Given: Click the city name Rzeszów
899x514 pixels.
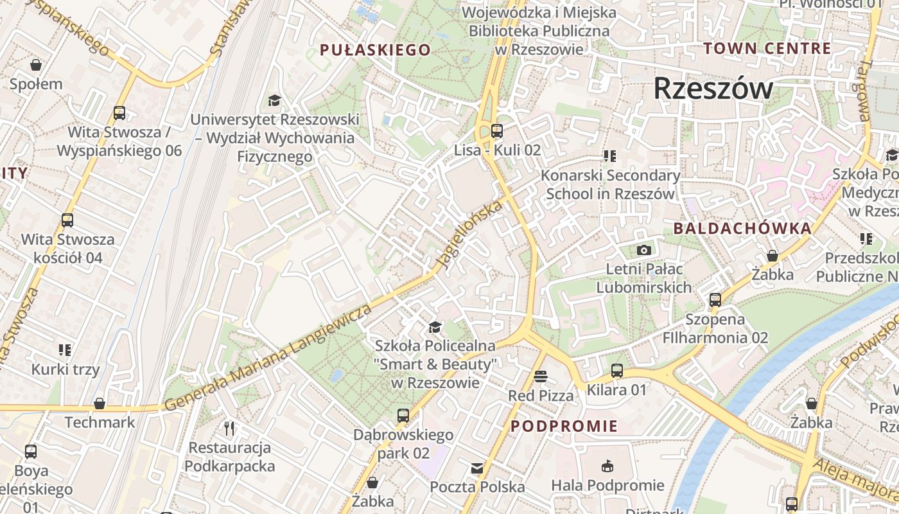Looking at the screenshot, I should pyautogui.click(x=713, y=89).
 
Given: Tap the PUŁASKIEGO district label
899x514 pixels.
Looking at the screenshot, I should pyautogui.click(x=375, y=49).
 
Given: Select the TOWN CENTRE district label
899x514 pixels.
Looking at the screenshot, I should pyautogui.click(x=767, y=48).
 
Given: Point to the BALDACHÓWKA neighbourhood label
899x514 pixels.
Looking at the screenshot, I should pyautogui.click(x=742, y=228).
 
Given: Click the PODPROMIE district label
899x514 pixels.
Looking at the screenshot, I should pyautogui.click(x=564, y=426).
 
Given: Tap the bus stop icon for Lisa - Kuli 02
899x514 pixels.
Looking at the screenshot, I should pyautogui.click(x=496, y=131).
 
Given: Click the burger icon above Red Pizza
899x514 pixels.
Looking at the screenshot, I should pyautogui.click(x=541, y=377).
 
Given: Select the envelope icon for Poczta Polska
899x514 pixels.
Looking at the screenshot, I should pyautogui.click(x=477, y=468).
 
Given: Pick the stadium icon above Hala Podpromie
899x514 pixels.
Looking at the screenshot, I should pyautogui.click(x=607, y=466).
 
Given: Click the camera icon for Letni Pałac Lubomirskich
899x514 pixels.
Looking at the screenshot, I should pyautogui.click(x=643, y=250).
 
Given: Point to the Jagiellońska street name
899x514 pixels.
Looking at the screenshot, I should pyautogui.click(x=469, y=235).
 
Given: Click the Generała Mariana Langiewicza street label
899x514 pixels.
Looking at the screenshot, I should pyautogui.click(x=268, y=357).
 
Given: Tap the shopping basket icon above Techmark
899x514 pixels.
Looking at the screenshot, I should pyautogui.click(x=100, y=403).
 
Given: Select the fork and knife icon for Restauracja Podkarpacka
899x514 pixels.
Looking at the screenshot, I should pyautogui.click(x=229, y=428).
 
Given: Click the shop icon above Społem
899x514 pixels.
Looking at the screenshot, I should pyautogui.click(x=36, y=65).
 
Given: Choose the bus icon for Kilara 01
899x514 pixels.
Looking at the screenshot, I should pyautogui.click(x=616, y=371).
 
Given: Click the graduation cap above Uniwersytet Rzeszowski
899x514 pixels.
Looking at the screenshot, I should pyautogui.click(x=274, y=100).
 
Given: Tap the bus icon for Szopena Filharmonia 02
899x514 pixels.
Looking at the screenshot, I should pyautogui.click(x=715, y=300).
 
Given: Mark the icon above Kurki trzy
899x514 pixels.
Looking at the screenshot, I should pyautogui.click(x=65, y=350).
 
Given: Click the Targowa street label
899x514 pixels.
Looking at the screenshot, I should pyautogui.click(x=864, y=91).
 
